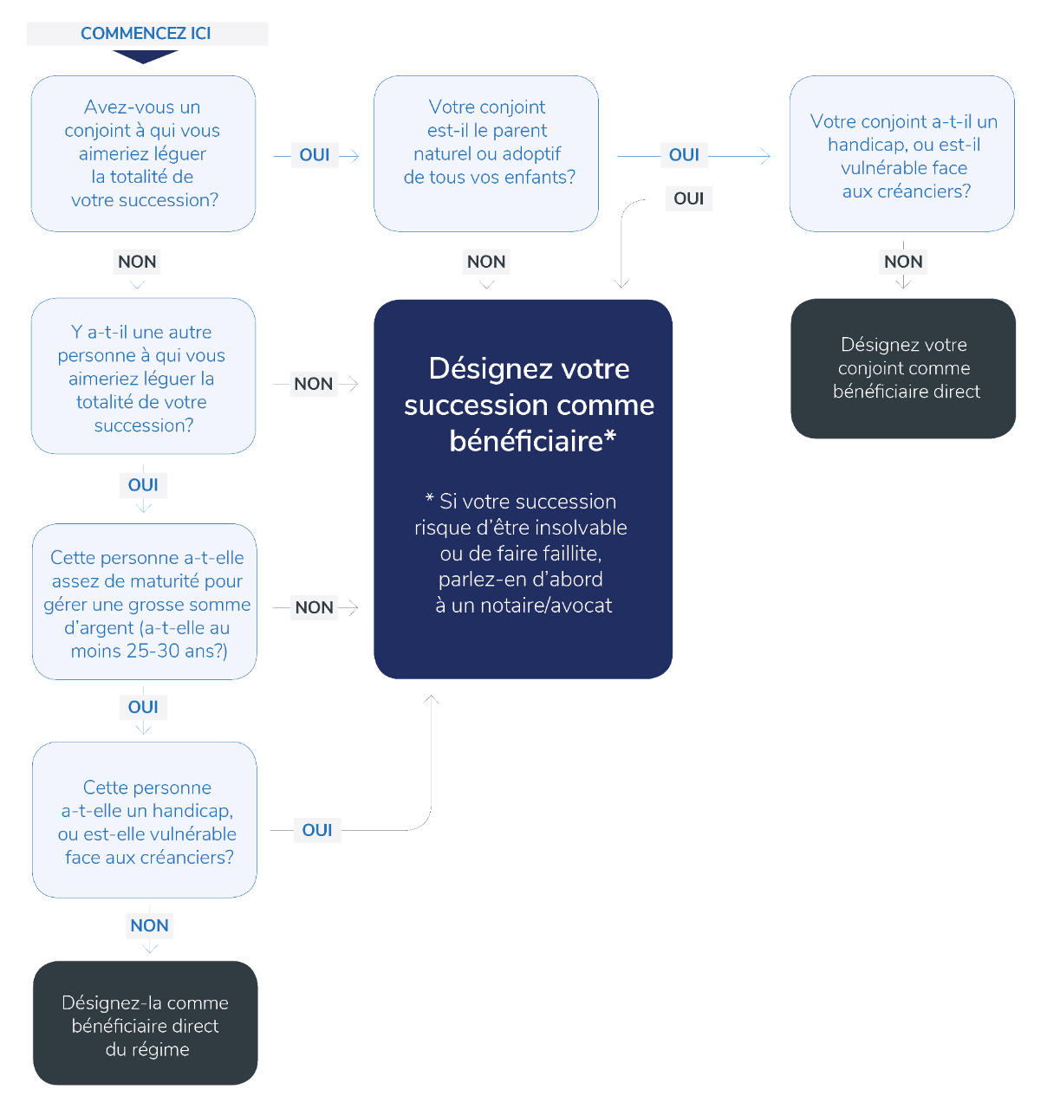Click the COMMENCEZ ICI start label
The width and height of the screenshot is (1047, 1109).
click(146, 34)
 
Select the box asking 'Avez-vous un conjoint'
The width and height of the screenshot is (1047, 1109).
click(144, 153)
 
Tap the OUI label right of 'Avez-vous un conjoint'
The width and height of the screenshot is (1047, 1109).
click(315, 155)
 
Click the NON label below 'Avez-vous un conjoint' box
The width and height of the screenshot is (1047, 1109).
click(137, 262)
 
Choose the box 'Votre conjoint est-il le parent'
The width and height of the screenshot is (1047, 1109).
click(486, 153)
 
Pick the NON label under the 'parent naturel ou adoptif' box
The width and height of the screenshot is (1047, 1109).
click(486, 262)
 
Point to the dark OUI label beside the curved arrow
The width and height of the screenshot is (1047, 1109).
click(689, 198)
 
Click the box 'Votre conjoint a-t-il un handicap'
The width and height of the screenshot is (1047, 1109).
click(902, 154)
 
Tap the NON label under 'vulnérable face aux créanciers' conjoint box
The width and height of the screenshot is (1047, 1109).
click(903, 262)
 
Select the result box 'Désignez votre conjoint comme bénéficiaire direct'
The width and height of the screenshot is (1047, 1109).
click(903, 368)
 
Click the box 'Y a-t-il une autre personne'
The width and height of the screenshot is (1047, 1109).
click(143, 377)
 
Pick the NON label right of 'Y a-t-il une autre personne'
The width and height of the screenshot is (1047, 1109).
click(314, 384)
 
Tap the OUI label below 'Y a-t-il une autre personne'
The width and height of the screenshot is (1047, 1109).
click(143, 485)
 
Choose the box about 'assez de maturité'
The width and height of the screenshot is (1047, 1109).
click(145, 602)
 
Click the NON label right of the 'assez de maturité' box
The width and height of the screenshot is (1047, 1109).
click(315, 607)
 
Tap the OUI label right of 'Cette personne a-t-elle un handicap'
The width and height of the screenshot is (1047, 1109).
click(317, 830)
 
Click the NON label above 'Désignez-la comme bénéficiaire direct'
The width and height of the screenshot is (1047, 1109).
click(150, 925)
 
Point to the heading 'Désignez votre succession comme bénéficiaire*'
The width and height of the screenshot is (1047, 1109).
click(529, 405)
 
